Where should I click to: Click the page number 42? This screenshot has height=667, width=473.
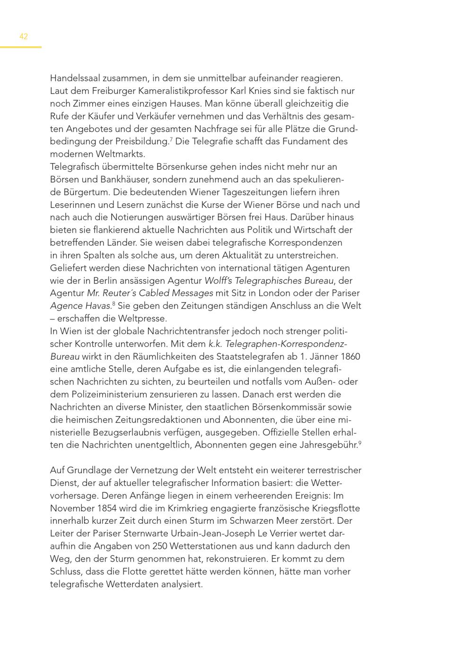pyautogui.click(x=24, y=36)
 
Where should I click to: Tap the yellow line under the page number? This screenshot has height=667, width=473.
pyautogui.click(x=21, y=47)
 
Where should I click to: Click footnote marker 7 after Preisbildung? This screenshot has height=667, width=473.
pyautogui.click(x=171, y=139)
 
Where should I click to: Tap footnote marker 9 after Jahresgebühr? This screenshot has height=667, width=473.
pyautogui.click(x=359, y=442)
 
